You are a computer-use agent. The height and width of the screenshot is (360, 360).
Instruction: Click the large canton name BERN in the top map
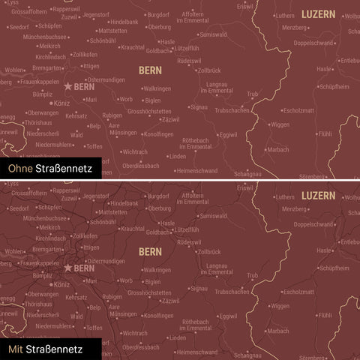point(150,70)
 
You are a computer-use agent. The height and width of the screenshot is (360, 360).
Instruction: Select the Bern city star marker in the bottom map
point(67,267)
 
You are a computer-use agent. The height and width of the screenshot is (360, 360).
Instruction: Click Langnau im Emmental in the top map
point(214,88)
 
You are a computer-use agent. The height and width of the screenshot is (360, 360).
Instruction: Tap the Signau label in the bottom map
point(199,288)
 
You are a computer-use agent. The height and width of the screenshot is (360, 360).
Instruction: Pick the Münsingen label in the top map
point(124,133)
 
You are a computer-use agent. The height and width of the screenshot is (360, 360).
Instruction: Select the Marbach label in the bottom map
point(277,330)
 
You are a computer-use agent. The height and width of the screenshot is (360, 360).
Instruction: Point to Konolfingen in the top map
point(158,134)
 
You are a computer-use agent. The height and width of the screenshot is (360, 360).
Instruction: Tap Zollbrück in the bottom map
point(209,251)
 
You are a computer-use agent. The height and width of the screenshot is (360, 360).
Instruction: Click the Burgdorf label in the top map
point(158,14)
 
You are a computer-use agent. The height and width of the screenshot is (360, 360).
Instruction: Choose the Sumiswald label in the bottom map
point(214,215)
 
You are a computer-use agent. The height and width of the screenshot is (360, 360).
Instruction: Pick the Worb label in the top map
point(125,99)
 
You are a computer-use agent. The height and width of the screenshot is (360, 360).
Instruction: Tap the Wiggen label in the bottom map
point(280,306)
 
